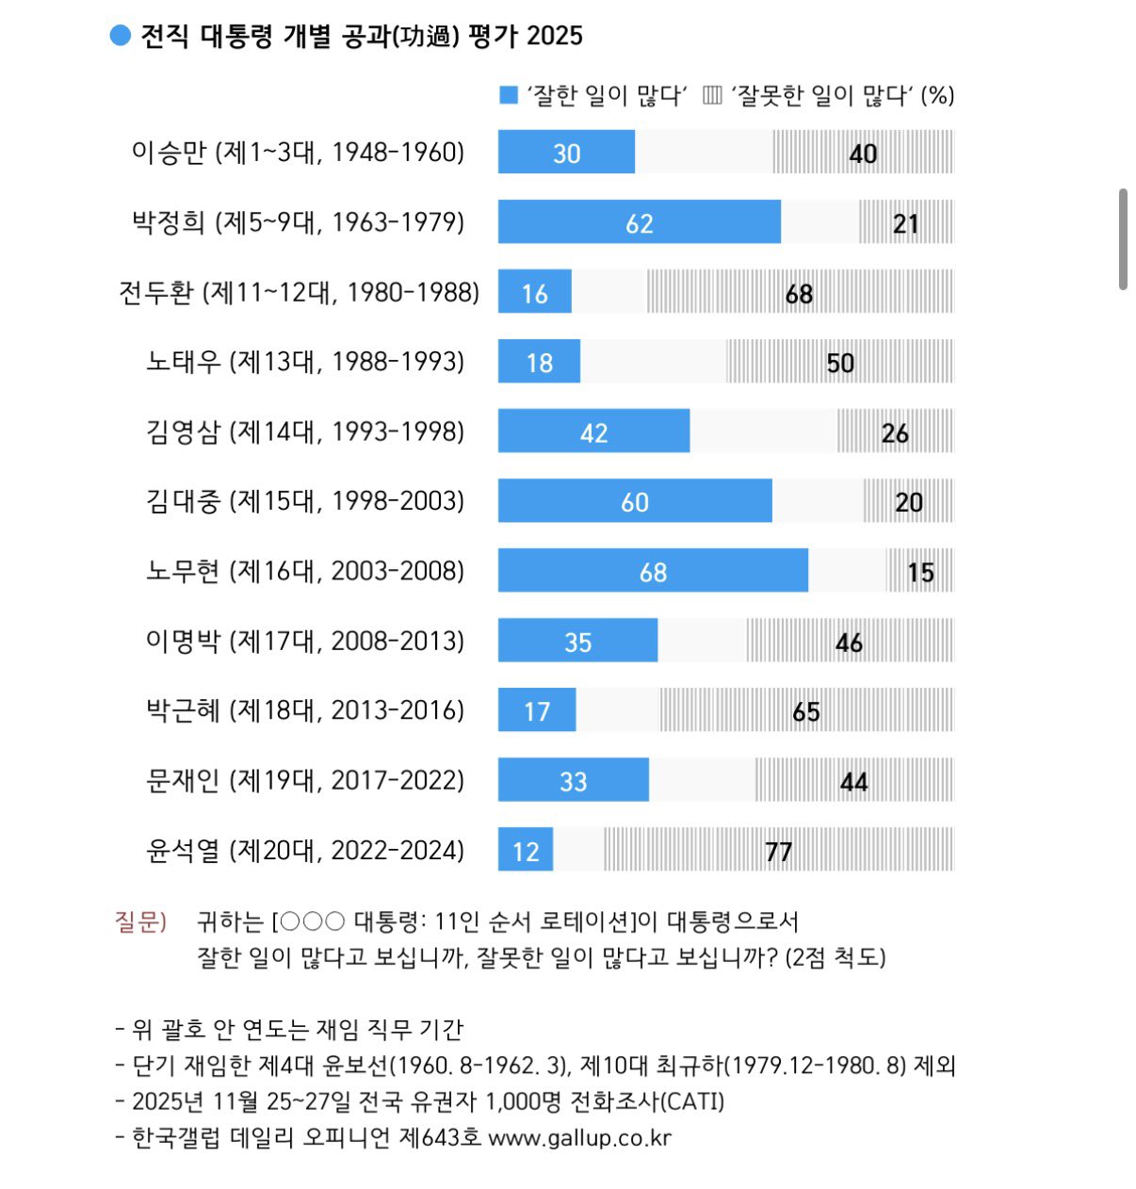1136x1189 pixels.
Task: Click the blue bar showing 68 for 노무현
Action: tap(653, 570)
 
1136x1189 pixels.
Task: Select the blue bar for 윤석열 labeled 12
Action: tap(526, 850)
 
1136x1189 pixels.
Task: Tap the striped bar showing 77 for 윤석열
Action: tap(778, 850)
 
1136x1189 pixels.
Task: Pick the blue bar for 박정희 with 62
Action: tap(639, 222)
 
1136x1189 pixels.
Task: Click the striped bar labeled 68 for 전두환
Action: tap(799, 292)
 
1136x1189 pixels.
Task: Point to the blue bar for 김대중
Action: tap(635, 501)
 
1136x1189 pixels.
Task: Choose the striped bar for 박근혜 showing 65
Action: tap(805, 710)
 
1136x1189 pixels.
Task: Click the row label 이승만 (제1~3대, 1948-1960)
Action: tap(298, 153)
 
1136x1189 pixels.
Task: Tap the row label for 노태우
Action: tap(305, 362)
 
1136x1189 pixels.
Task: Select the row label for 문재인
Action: tap(305, 780)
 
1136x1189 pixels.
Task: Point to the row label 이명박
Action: tap(305, 641)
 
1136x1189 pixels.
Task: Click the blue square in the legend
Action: tap(509, 95)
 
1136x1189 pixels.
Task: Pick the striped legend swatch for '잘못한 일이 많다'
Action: tap(713, 95)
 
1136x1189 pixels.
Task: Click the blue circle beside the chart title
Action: tap(120, 36)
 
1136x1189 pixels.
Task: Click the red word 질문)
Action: tap(140, 921)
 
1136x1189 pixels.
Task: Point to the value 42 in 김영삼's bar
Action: tap(593, 432)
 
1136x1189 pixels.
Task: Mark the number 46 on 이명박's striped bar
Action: tap(849, 643)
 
